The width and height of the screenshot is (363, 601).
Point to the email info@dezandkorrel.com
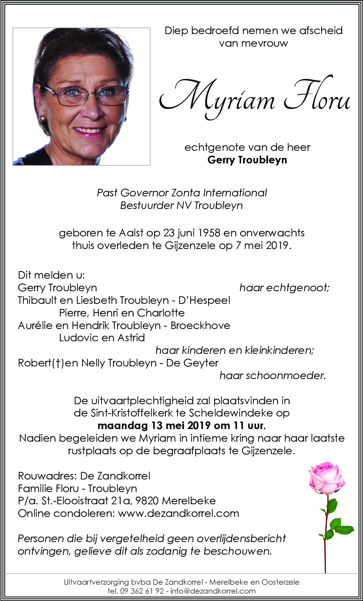point(213,591)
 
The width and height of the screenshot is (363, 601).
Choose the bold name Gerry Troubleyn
point(247,160)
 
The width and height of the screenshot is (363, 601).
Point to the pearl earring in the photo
point(43,118)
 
